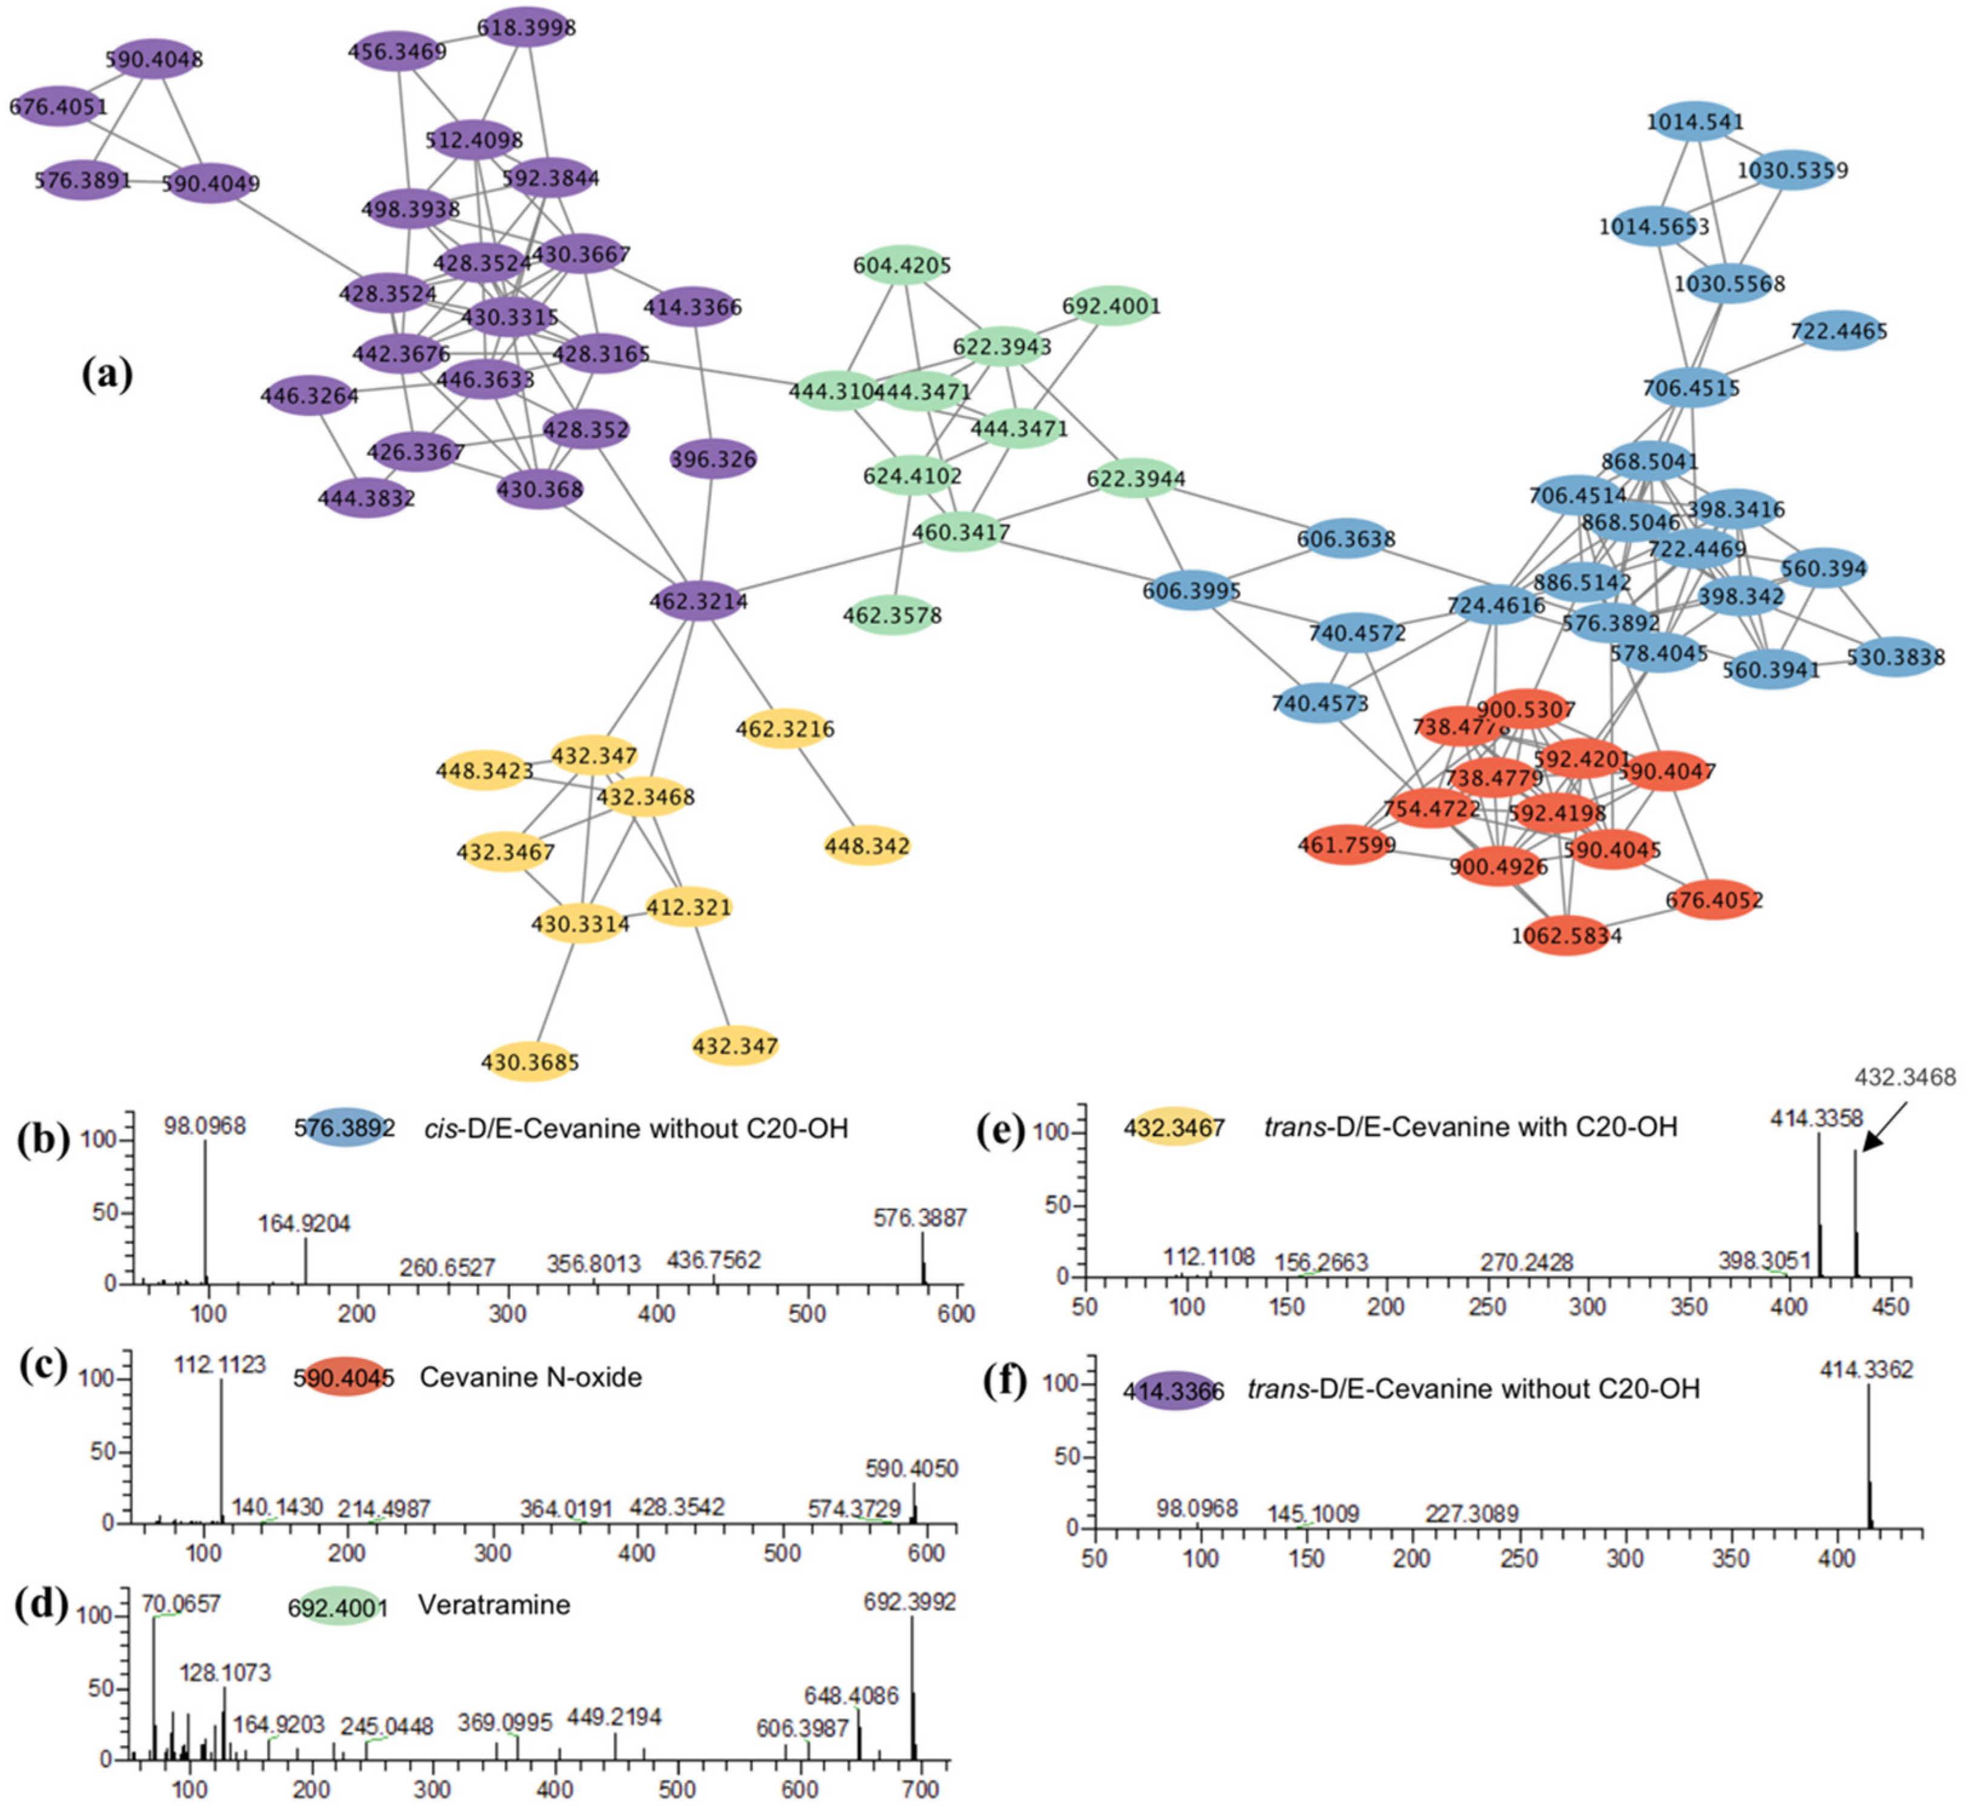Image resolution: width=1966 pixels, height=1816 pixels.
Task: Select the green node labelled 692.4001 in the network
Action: [1110, 306]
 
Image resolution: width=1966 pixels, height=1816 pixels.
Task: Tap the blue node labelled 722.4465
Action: [1837, 331]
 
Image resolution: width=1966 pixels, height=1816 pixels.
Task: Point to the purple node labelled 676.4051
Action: [59, 106]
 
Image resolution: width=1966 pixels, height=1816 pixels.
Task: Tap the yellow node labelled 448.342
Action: [867, 845]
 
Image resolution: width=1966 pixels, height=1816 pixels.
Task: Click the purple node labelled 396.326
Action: [713, 459]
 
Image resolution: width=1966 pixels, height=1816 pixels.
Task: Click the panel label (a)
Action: [108, 375]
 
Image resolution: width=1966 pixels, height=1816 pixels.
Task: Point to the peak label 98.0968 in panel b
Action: [205, 1125]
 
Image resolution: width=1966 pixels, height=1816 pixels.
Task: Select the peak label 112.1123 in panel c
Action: [220, 1365]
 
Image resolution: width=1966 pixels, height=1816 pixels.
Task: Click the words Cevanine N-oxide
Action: [531, 1377]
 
